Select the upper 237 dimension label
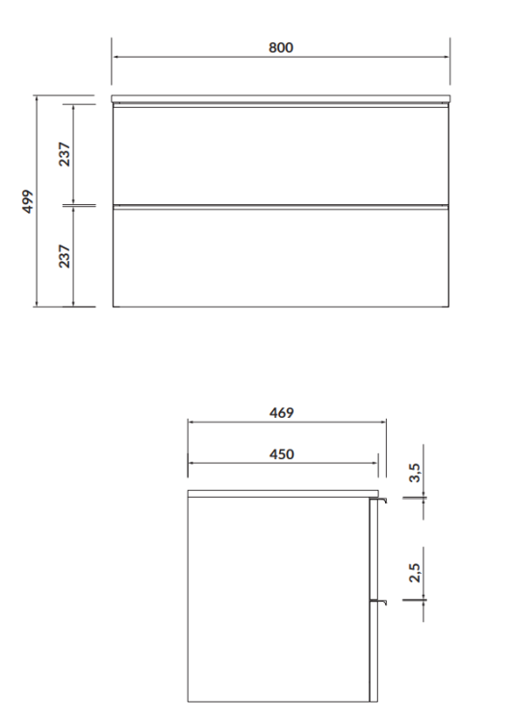[64, 154]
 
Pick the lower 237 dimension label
[64, 256]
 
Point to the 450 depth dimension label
[280, 453]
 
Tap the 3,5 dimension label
[415, 473]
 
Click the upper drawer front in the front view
[281, 155]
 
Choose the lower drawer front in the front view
[281, 257]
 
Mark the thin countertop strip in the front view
[281, 99]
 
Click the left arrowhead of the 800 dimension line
[115, 56]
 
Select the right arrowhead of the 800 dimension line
[447, 56]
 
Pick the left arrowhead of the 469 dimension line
[191, 422]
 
